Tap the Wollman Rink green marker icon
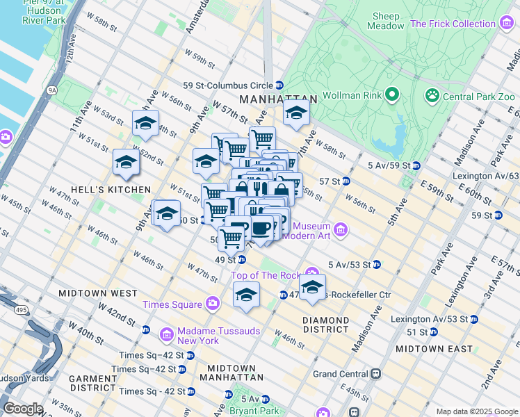click(391, 94)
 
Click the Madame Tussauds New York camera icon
click(167, 336)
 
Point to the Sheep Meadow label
click(386, 21)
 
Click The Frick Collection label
click(453, 24)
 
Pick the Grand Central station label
click(341, 373)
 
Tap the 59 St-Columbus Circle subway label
click(228, 85)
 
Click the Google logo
click(23, 409)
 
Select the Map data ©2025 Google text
click(477, 411)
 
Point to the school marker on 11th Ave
click(126, 162)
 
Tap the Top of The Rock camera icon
click(313, 272)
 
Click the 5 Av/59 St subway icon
click(416, 165)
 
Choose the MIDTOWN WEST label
click(88, 293)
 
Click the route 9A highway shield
click(51, 89)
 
